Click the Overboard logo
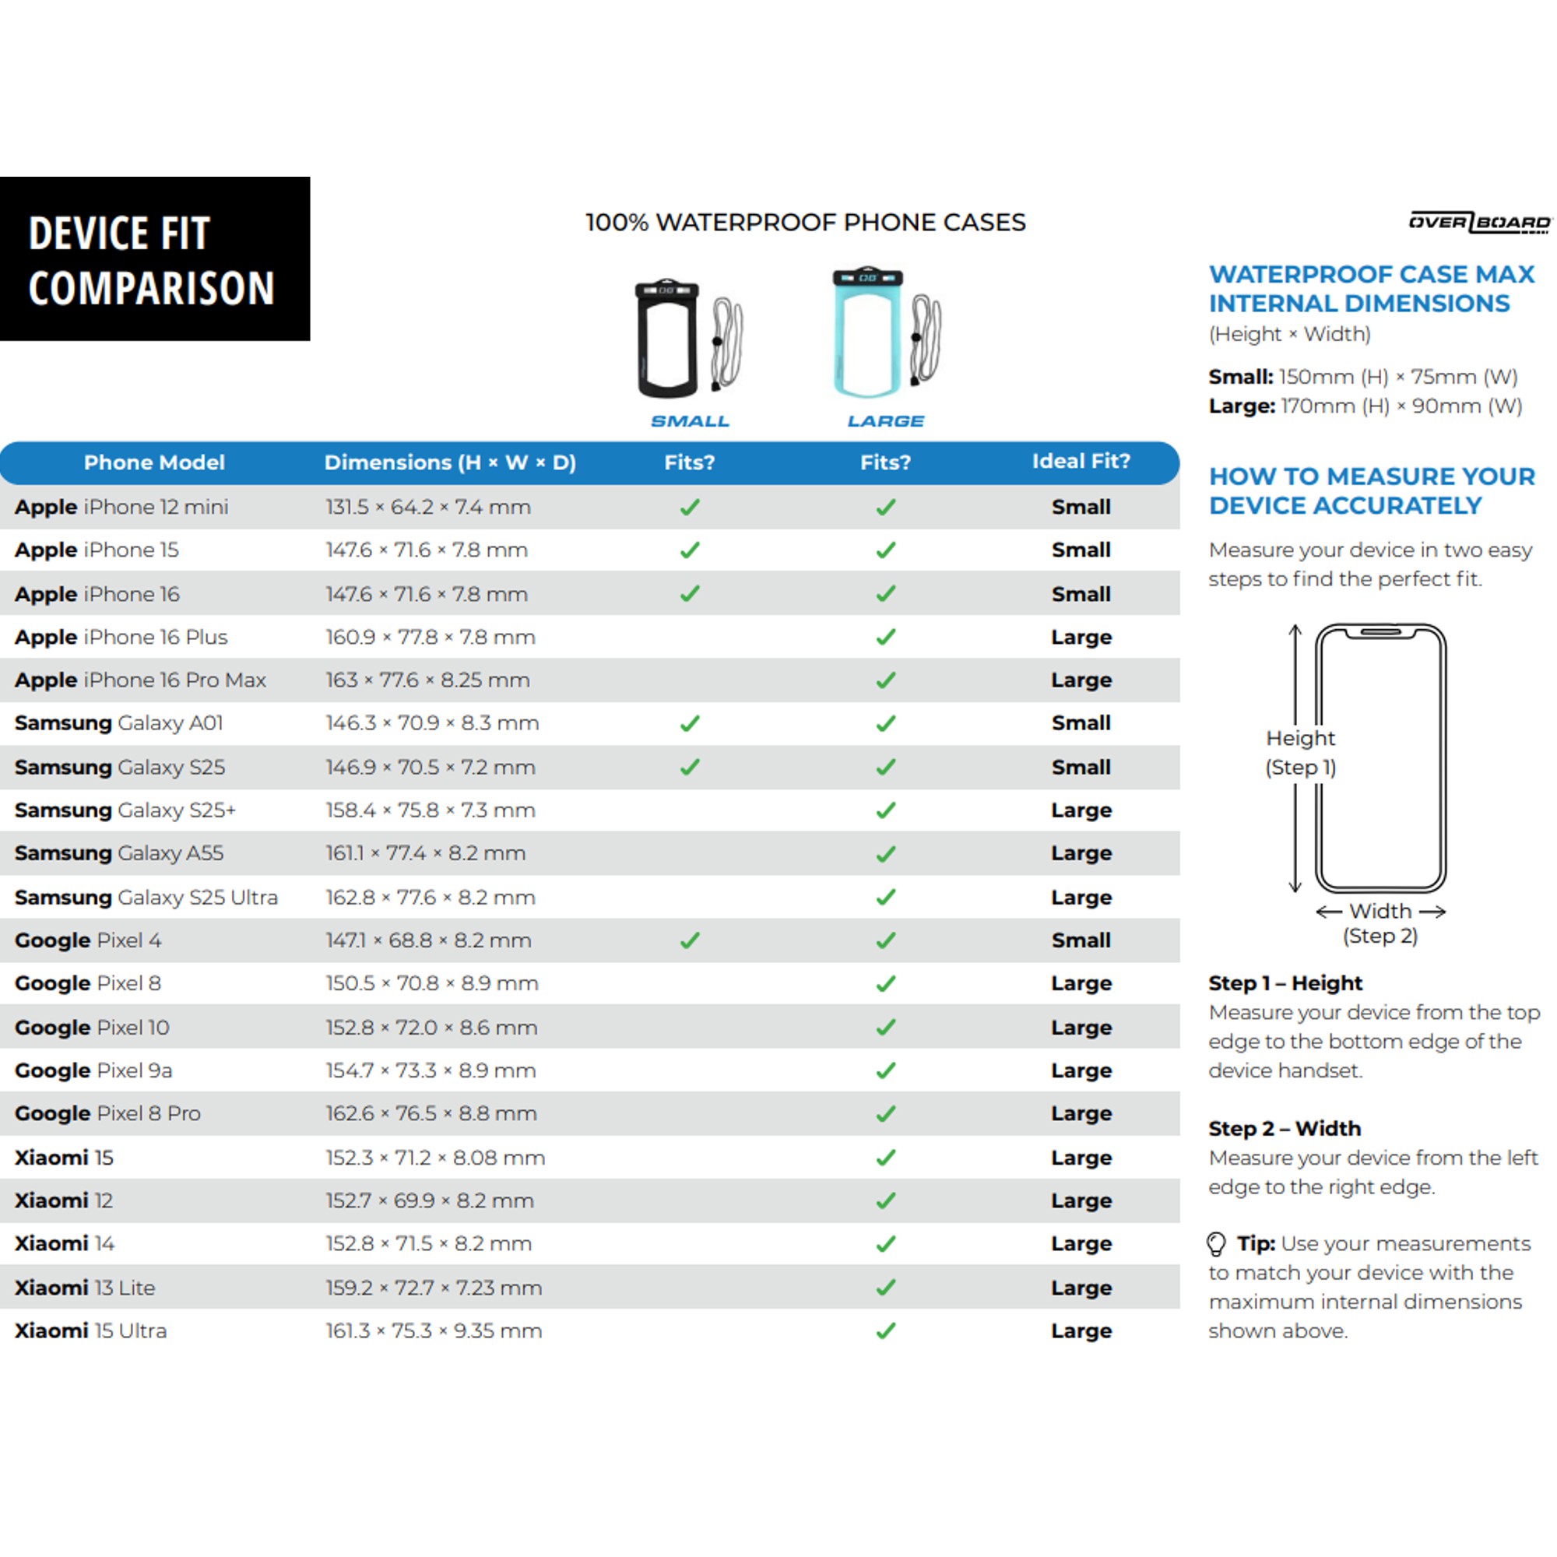(1479, 223)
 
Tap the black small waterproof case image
(667, 339)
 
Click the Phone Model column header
(154, 462)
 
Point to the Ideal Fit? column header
(1081, 461)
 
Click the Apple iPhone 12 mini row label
(121, 507)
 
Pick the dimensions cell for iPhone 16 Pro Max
(427, 680)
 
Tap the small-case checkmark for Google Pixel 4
(690, 940)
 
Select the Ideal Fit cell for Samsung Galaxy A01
(1081, 723)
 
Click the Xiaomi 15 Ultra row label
(91, 1330)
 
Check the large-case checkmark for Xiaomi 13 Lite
(886, 1288)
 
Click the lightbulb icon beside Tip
(1216, 1244)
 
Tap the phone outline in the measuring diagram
(1380, 757)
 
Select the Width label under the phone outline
(1380, 912)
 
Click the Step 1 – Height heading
(1285, 983)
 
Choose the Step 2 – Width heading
(1284, 1128)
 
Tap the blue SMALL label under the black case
(690, 421)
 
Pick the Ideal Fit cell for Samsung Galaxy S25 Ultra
(1081, 897)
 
